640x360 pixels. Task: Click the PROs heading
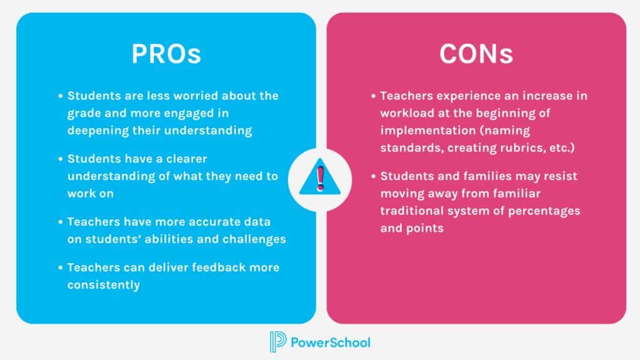tap(166, 54)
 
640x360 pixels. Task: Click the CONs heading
tap(476, 54)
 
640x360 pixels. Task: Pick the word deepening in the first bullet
tap(96, 131)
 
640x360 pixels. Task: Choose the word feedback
tap(212, 267)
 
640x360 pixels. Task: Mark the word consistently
tap(104, 284)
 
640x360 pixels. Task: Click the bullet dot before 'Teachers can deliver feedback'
tap(61, 267)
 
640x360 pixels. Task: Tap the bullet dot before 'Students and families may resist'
tap(373, 176)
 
